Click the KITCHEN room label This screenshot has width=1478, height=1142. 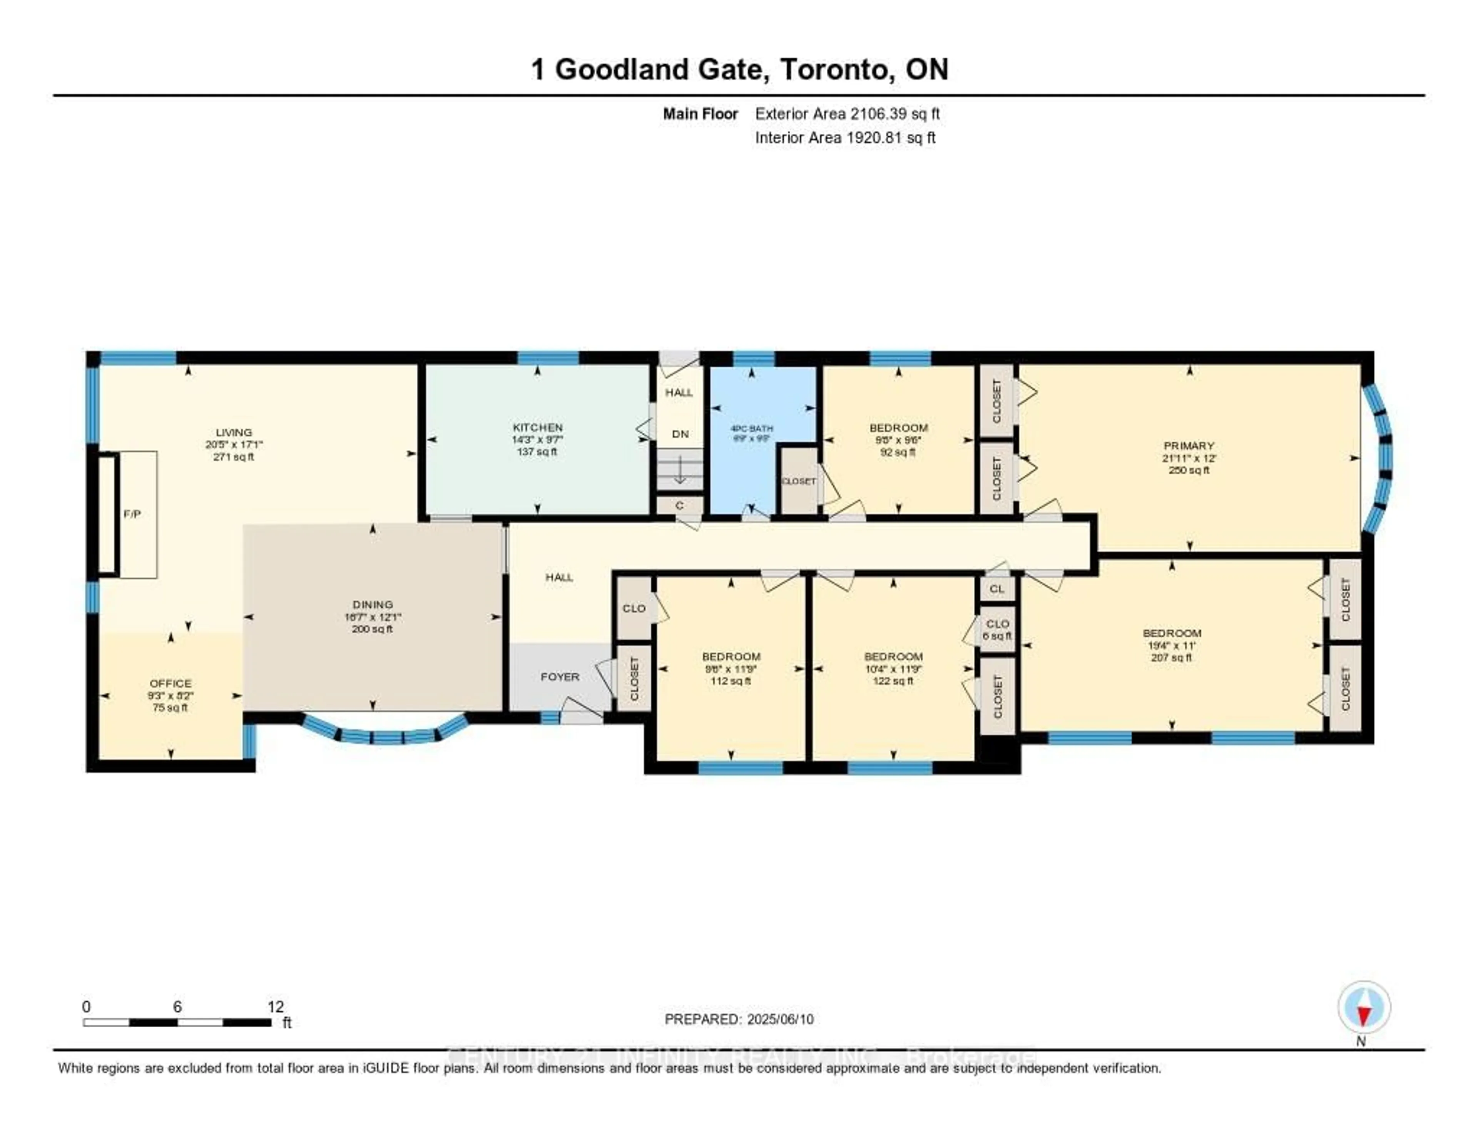click(x=537, y=427)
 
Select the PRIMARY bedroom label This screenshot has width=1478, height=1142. click(x=1189, y=445)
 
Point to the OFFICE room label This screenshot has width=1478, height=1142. click(x=171, y=683)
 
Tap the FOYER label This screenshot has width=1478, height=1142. click(x=560, y=676)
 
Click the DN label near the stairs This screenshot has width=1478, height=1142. click(x=680, y=434)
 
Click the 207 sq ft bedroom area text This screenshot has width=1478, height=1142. click(x=1172, y=657)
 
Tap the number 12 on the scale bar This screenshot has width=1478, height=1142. click(x=276, y=1006)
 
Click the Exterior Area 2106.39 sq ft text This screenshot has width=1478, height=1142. click(x=847, y=114)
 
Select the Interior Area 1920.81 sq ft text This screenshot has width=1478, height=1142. click(x=845, y=137)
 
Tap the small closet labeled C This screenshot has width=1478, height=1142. click(x=679, y=506)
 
